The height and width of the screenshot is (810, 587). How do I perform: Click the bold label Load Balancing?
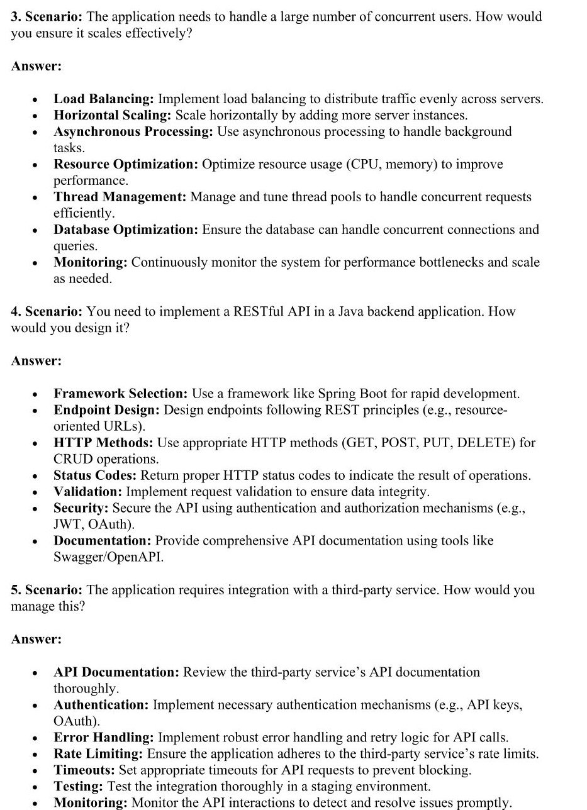click(104, 99)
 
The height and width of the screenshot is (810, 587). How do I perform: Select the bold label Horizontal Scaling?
click(112, 115)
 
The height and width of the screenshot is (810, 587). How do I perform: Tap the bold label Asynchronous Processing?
click(133, 131)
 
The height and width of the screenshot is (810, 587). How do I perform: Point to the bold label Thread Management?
click(120, 197)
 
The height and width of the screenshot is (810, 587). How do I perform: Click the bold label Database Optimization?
click(125, 230)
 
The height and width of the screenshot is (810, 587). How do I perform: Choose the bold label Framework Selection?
click(120, 394)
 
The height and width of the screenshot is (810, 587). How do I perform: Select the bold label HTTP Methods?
click(103, 443)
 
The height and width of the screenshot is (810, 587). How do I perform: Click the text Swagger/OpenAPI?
click(108, 557)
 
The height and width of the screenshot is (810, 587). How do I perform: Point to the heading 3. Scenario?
click(46, 17)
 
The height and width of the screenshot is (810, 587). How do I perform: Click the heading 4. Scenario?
click(46, 311)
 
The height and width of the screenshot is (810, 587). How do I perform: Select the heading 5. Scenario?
click(46, 590)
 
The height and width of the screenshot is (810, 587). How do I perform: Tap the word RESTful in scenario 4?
click(259, 311)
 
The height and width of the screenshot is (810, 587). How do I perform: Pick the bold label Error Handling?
click(103, 737)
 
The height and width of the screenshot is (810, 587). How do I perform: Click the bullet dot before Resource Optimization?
click(35, 165)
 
